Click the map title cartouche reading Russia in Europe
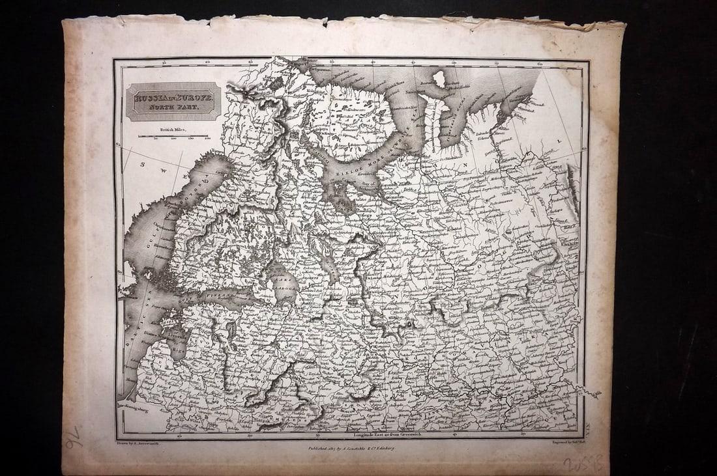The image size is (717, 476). [173, 102]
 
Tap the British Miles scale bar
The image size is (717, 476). [173, 135]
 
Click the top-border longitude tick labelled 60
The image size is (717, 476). [540, 64]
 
